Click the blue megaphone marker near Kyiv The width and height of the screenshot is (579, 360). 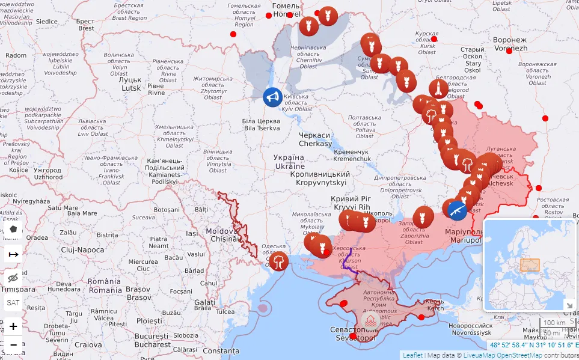(272, 97)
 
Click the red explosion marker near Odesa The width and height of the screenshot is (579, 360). (280, 261)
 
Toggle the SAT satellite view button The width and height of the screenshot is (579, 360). (13, 304)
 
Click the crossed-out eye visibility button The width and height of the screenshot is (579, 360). (13, 278)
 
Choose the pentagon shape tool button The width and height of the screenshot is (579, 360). (13, 229)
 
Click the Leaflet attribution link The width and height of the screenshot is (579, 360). (412, 355)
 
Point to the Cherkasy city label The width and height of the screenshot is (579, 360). (315, 139)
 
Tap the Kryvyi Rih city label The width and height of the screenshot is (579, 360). (352, 203)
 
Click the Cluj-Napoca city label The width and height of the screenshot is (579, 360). (82, 249)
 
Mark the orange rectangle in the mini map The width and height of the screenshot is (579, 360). (530, 265)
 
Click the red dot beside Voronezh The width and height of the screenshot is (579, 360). (509, 51)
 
